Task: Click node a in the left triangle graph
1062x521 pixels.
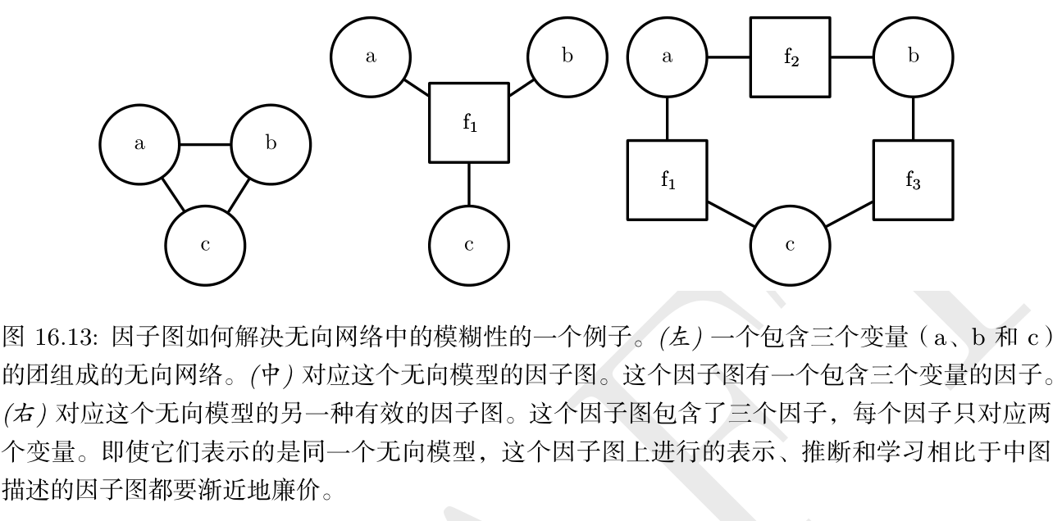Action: click(139, 145)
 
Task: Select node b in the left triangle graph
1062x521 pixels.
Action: click(271, 145)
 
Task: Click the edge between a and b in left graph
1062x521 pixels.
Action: click(205, 145)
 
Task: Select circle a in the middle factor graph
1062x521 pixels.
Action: click(371, 57)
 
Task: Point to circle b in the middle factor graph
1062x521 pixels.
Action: click(567, 57)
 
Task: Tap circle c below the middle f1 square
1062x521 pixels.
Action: click(469, 246)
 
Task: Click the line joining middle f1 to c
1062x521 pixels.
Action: click(469, 184)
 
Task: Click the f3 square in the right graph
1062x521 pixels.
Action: click(913, 180)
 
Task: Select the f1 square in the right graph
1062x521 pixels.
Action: click(668, 180)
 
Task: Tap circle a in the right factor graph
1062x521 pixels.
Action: click(668, 57)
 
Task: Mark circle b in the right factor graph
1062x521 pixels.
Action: click(913, 57)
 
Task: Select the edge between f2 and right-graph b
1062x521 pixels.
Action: click(851, 57)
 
